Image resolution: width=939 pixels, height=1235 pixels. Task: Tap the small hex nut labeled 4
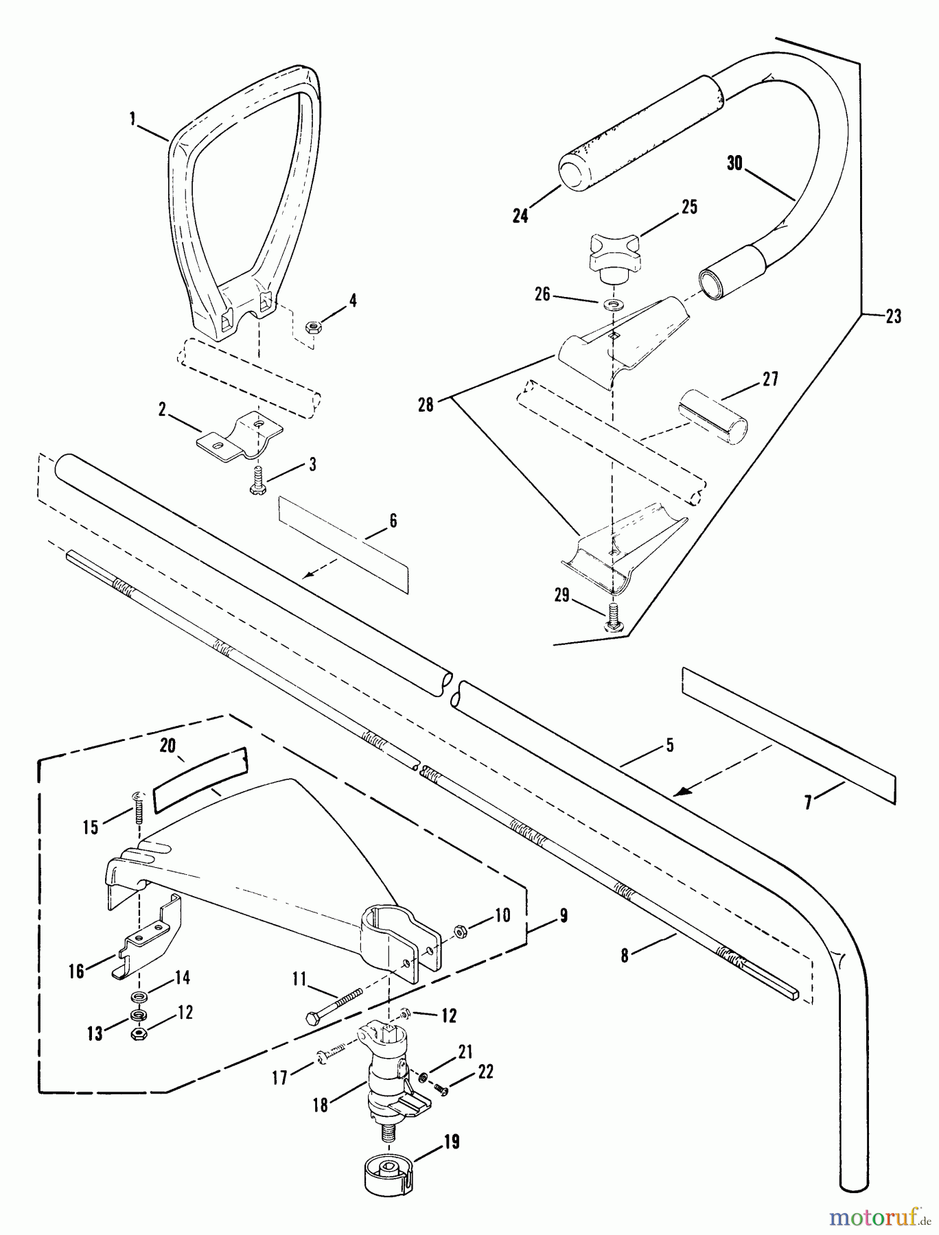coord(310,324)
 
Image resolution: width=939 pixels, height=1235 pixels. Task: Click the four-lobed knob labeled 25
coord(612,252)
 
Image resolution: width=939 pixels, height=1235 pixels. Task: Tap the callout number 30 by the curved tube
coord(735,164)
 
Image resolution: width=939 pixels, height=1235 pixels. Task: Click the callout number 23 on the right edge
coord(893,316)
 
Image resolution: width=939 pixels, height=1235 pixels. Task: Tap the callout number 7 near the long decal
coord(808,801)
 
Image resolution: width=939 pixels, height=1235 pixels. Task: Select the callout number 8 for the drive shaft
coord(625,956)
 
